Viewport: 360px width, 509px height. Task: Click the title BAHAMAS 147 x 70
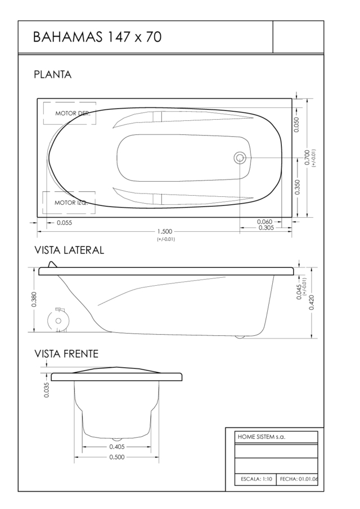[97, 37]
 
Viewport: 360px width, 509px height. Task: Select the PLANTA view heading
[52, 75]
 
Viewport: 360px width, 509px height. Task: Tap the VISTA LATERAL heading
[69, 250]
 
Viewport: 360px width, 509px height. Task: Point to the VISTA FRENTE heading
[66, 354]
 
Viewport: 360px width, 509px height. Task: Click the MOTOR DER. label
[73, 113]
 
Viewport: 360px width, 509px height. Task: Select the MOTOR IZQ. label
[71, 202]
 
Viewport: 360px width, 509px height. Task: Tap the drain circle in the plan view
[240, 158]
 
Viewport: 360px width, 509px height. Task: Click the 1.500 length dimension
[165, 232]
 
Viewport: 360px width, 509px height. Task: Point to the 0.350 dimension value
[298, 187]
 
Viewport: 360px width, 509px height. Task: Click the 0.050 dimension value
[296, 124]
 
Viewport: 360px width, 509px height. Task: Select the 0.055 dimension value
[64, 223]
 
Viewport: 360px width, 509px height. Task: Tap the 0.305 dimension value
[266, 228]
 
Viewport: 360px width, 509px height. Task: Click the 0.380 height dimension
[34, 299]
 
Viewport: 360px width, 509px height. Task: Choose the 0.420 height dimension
[312, 302]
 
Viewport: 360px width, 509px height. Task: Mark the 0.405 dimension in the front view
[117, 447]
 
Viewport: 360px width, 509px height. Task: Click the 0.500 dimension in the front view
[117, 457]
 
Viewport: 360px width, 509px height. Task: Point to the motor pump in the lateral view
[58, 320]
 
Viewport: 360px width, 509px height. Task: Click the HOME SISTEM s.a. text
[262, 436]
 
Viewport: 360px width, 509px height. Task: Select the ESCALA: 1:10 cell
[256, 479]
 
